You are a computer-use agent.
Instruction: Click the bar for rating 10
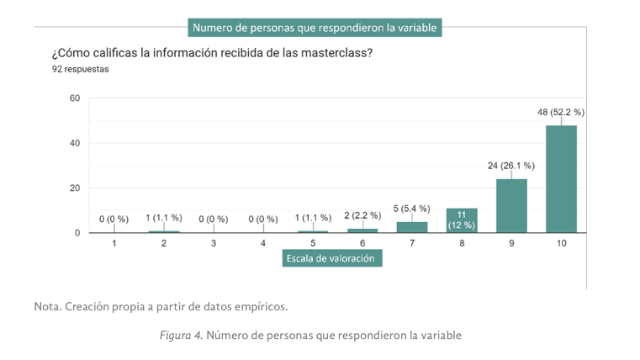(561, 178)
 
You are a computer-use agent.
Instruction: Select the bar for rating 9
(511, 205)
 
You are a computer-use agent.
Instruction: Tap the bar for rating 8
(462, 220)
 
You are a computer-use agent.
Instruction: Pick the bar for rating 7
(412, 227)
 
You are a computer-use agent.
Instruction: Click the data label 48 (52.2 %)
(561, 111)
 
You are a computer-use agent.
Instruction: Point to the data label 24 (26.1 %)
(511, 165)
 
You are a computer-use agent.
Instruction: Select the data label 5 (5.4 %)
(412, 208)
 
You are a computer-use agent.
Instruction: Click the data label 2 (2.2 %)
(362, 215)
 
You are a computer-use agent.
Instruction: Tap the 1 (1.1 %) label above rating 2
(163, 217)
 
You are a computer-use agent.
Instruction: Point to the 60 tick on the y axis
(74, 98)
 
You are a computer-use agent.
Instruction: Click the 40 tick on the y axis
(74, 143)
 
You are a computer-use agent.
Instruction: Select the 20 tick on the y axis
(74, 188)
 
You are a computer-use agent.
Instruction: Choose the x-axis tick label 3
(214, 243)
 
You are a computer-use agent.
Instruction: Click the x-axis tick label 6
(362, 243)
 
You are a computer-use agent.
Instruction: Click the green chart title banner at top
(315, 28)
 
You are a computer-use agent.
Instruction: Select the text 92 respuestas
(81, 69)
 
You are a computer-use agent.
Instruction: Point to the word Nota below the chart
(47, 305)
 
